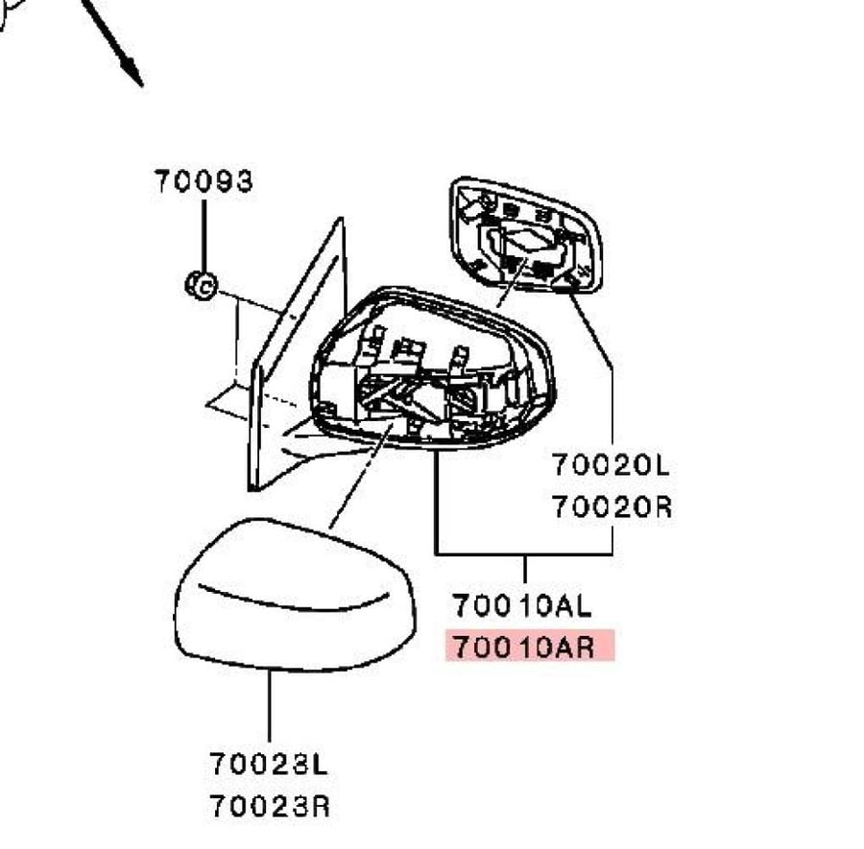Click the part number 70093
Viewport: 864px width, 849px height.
204,181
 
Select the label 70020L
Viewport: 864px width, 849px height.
611,464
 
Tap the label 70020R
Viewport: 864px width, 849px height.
612,507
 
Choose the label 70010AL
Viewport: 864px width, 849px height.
521,605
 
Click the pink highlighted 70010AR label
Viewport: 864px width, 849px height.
530,646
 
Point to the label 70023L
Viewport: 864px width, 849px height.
269,764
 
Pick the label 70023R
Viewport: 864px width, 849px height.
270,807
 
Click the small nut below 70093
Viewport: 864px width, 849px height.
202,285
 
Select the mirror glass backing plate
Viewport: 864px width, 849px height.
525,236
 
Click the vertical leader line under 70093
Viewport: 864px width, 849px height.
204,236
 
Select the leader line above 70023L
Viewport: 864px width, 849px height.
270,706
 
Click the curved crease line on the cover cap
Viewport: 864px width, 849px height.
292,604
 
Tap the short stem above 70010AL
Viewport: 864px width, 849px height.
524,569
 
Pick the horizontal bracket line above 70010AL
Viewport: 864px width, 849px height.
523,554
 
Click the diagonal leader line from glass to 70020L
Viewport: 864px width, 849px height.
589,329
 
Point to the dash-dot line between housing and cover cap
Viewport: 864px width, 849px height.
361,476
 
